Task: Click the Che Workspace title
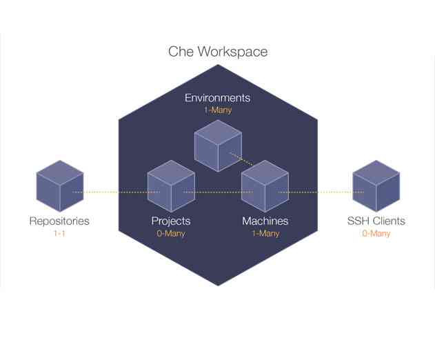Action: coord(218,52)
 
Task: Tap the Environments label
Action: coord(217,97)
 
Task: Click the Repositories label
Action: coord(59,221)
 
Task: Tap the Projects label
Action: coord(171,221)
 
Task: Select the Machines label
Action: coord(265,221)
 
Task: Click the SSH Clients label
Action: coord(376,221)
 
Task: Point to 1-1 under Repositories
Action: coord(59,234)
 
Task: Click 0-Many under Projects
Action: coord(171,234)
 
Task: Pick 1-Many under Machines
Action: coord(265,234)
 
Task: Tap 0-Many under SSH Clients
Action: coord(376,234)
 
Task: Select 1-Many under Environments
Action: coord(217,110)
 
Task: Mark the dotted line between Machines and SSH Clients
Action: coord(321,192)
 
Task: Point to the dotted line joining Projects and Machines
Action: coord(218,192)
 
